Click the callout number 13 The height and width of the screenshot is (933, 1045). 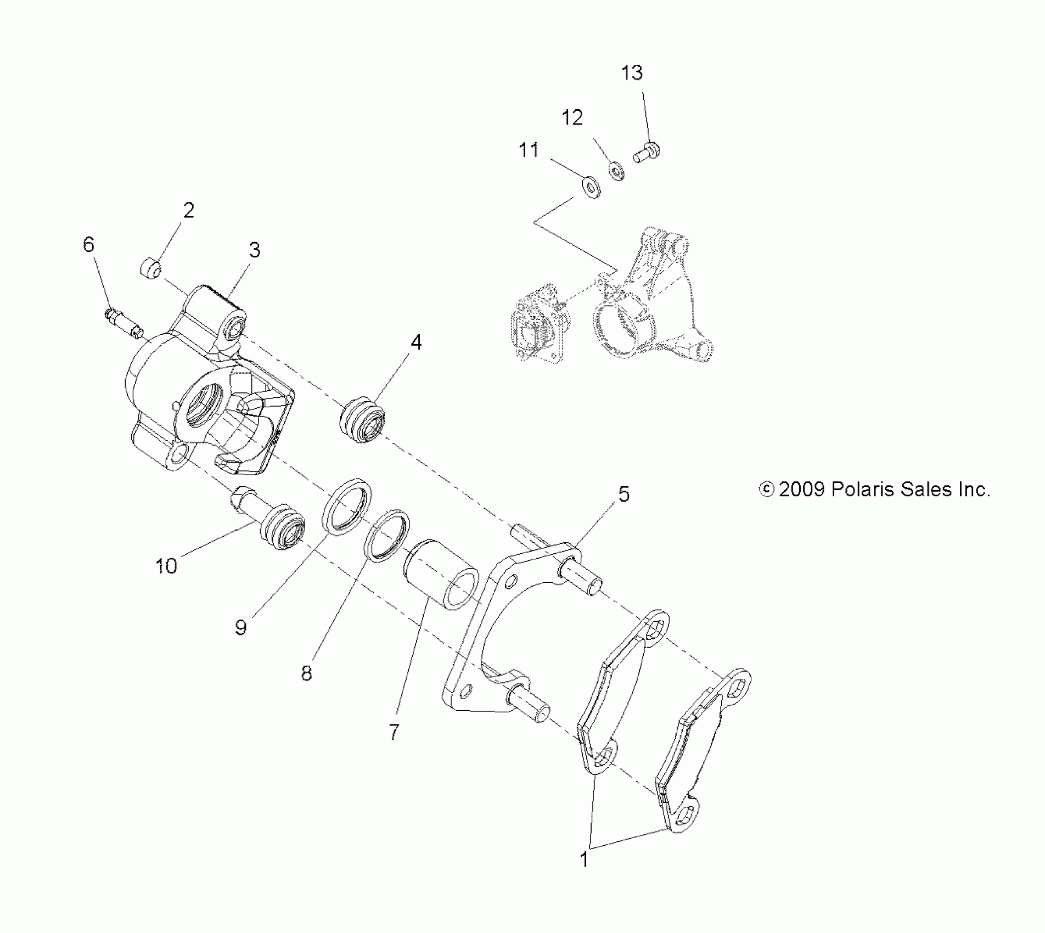coord(632,73)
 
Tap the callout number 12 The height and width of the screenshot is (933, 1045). coord(572,118)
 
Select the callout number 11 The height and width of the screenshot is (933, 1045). coord(529,150)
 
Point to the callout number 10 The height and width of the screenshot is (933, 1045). coord(166,566)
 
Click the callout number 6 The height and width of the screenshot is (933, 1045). coord(89,245)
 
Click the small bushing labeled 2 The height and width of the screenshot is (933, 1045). coord(149,270)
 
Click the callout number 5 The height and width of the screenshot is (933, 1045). coord(623,494)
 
